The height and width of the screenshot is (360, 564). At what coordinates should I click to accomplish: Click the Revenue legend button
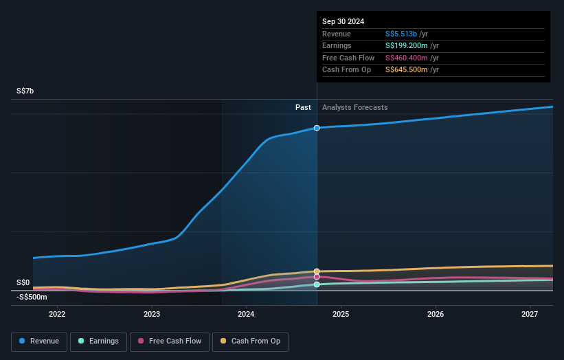pos(39,341)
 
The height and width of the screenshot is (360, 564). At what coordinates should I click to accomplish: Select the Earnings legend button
pos(98,341)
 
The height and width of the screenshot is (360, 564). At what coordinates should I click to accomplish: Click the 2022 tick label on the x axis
pos(57,314)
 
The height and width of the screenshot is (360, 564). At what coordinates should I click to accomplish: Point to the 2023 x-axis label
pos(152,314)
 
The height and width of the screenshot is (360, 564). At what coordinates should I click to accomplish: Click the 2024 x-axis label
pos(246,314)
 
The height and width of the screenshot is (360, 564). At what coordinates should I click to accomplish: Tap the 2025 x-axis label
pos(341,314)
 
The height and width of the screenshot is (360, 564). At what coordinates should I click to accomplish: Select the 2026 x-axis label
pos(436,314)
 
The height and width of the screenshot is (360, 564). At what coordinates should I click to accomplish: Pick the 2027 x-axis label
pos(530,314)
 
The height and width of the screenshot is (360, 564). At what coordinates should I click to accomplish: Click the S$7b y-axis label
pos(25,91)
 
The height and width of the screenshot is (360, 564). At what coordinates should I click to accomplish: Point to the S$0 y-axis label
pos(23,282)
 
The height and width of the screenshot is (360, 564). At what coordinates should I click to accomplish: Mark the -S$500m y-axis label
pos(32,297)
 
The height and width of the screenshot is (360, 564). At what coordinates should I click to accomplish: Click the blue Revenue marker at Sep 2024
pos(317,128)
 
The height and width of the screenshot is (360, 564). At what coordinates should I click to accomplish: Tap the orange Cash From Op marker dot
pos(317,271)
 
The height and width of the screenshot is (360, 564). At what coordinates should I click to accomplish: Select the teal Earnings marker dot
pos(317,284)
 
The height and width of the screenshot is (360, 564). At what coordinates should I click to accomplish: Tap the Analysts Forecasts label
pos(354,107)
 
